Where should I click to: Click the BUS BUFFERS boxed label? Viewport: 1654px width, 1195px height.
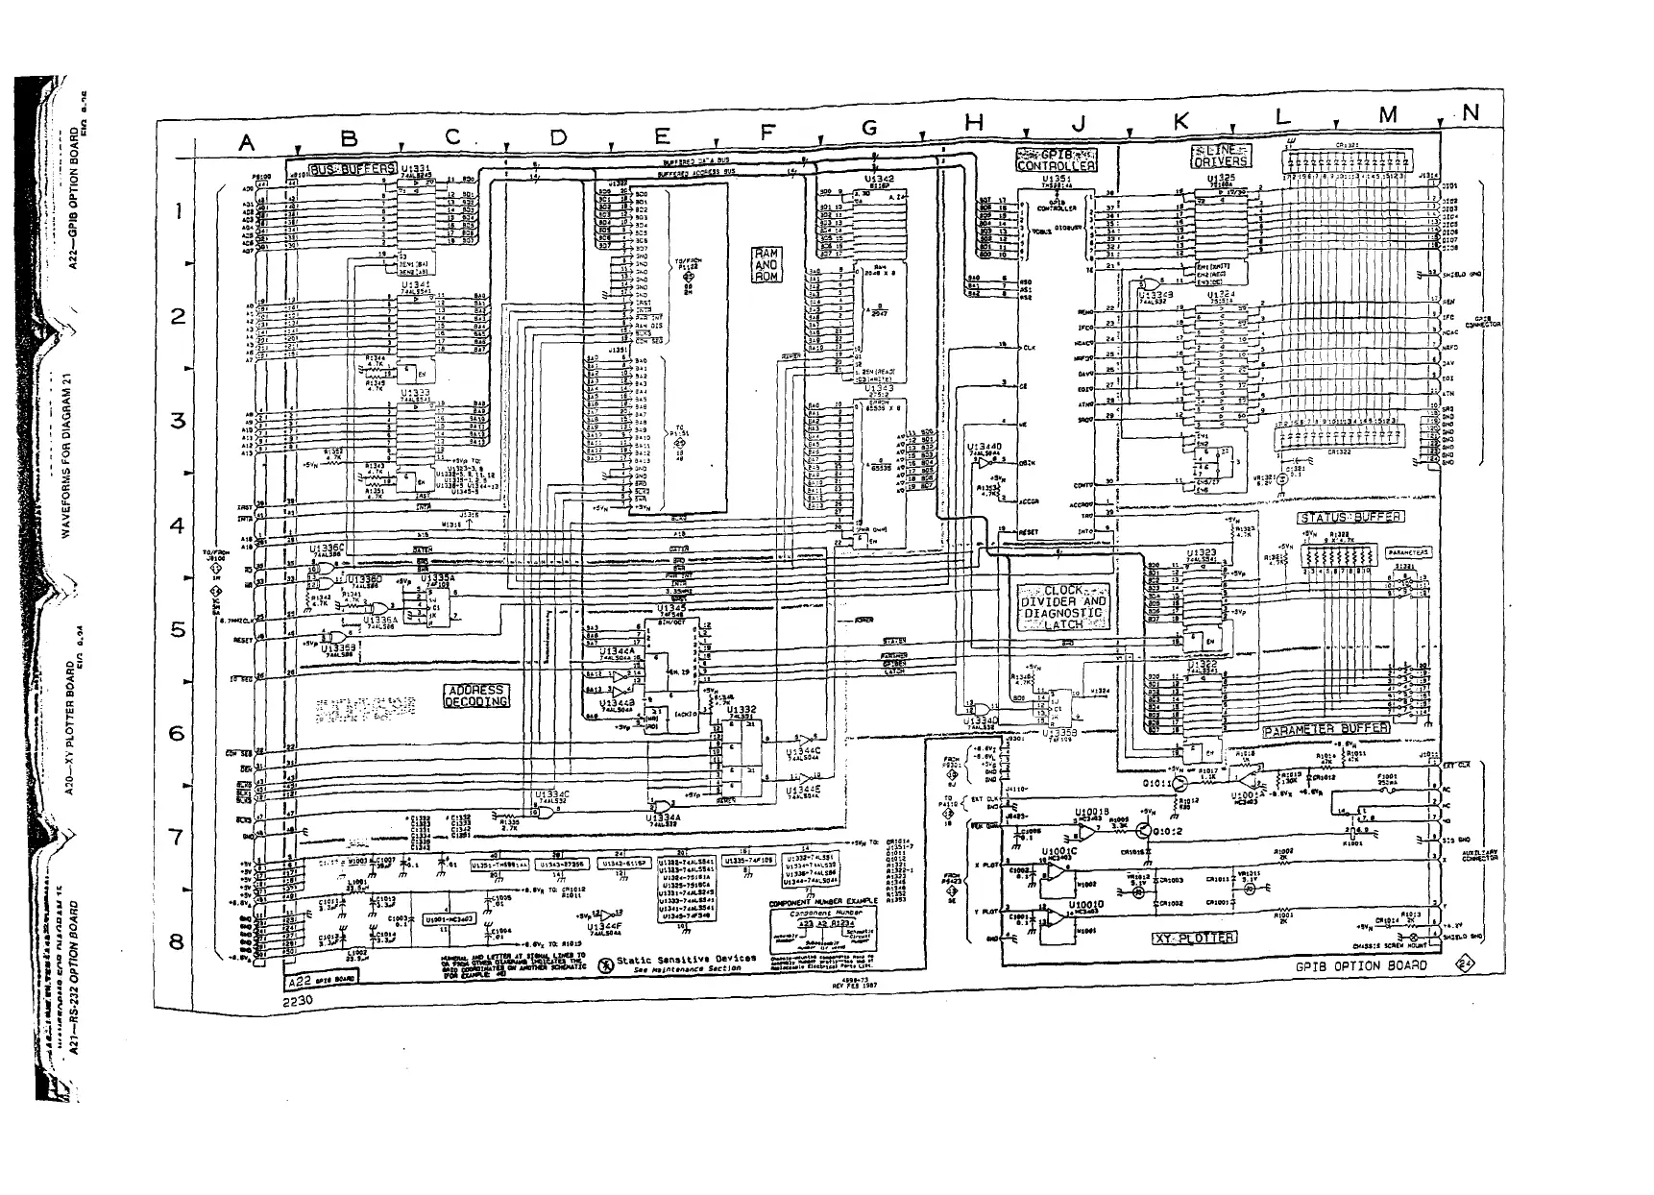351,169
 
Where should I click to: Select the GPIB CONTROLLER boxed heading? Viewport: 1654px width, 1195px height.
1057,159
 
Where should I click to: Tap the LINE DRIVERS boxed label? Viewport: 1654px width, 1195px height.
1221,156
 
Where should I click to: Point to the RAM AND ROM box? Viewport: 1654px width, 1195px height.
766,264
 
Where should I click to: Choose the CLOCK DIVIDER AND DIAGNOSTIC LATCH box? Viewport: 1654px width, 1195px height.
1063,607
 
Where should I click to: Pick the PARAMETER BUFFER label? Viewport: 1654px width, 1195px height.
1326,729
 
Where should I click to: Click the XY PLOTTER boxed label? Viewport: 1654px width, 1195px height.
1194,937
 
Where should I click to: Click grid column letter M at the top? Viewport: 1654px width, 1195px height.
1388,116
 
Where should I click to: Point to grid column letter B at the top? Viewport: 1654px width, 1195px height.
349,140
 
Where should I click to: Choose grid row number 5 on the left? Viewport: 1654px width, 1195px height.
178,630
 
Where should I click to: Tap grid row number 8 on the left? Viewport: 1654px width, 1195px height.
178,941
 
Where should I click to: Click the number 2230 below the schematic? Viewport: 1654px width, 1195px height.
299,1000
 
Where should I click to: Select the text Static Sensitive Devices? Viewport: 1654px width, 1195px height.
686,959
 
